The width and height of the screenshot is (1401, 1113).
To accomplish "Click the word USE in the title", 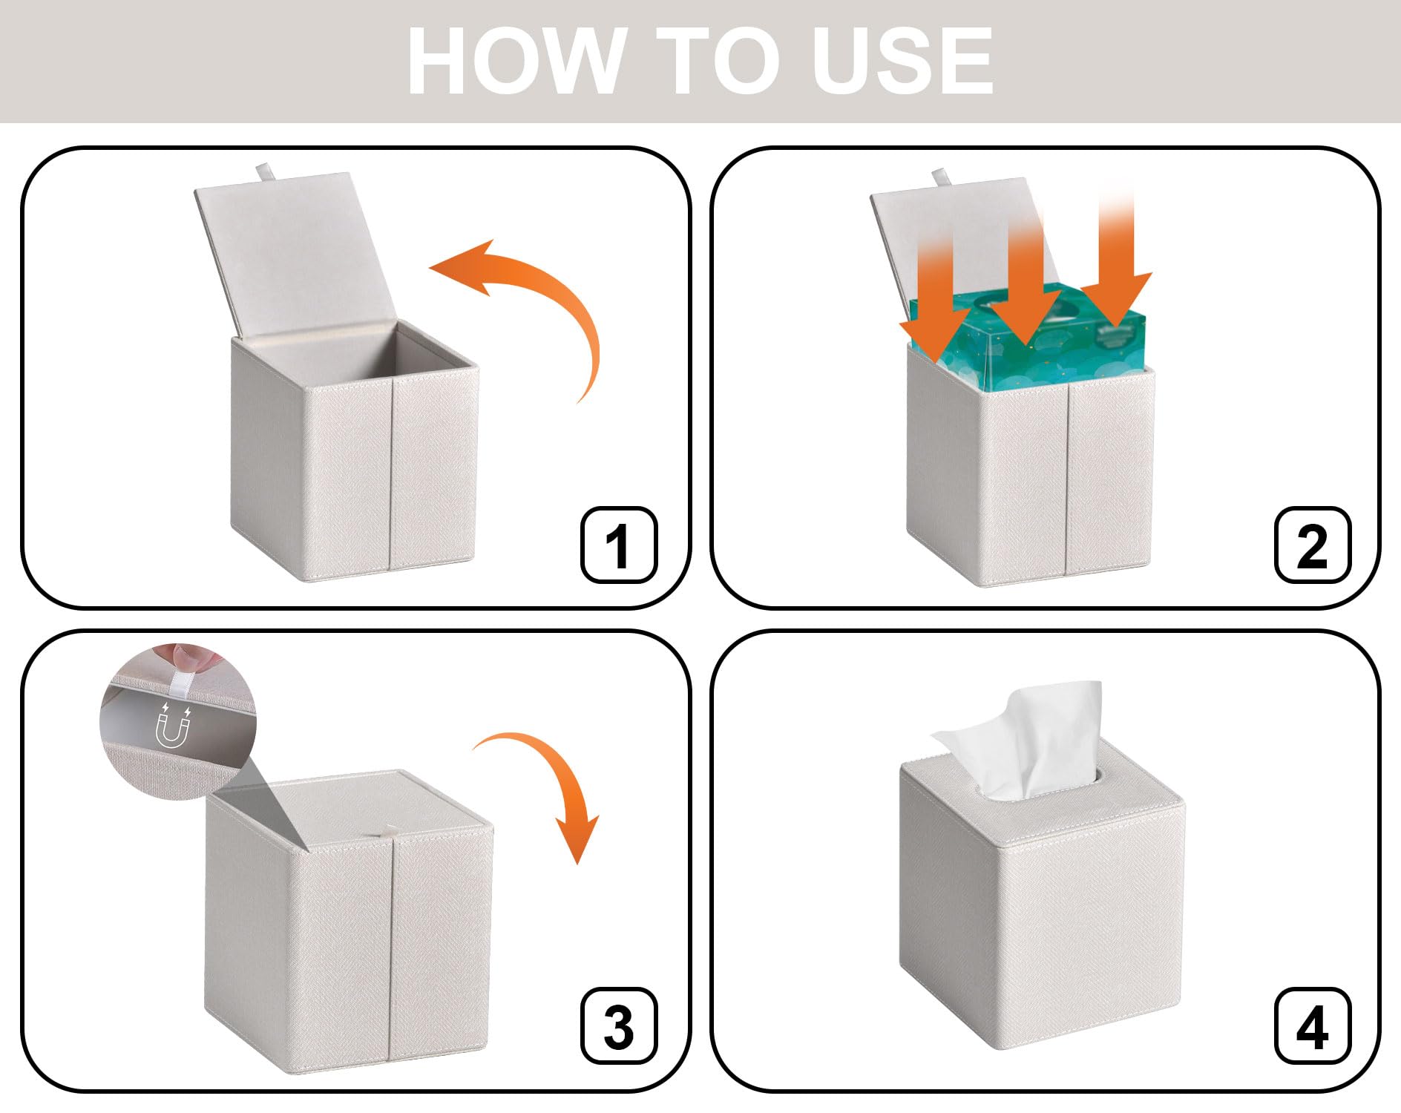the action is coord(902,61).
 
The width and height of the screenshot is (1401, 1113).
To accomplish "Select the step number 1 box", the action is coord(619,545).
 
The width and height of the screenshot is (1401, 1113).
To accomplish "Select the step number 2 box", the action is coord(1313,545).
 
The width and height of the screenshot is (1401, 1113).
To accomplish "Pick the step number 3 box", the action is coord(619,1026).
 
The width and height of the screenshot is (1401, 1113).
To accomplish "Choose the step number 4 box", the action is coord(1313,1026).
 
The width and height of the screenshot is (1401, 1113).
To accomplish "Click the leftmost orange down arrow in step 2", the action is coord(935,297).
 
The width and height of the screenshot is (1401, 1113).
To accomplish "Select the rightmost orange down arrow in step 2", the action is coord(1116,260).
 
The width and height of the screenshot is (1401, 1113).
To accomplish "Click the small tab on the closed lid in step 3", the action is coord(387,833).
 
